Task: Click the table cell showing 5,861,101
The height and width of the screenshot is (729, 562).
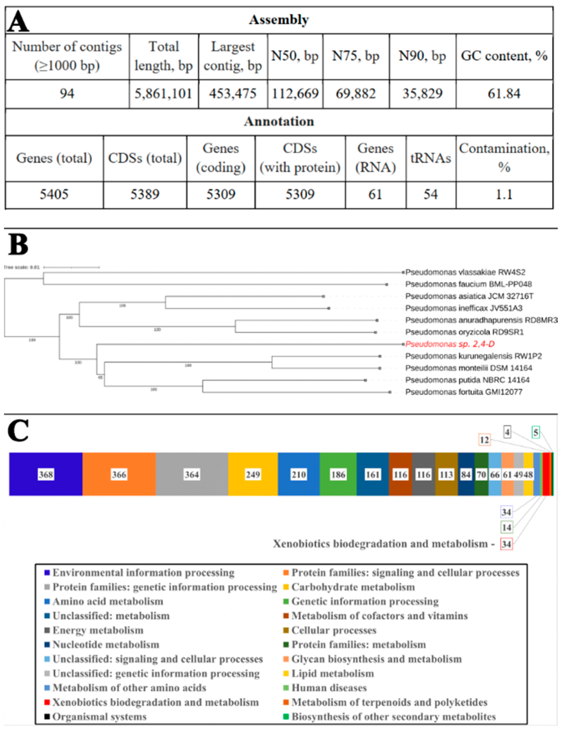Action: [x=163, y=94]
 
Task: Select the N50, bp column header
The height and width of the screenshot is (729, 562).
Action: [x=295, y=56]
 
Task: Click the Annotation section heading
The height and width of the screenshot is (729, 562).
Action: [x=279, y=122]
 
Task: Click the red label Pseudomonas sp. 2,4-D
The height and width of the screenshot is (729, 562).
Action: [x=449, y=344]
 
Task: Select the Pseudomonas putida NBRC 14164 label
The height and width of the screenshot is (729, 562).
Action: [x=467, y=380]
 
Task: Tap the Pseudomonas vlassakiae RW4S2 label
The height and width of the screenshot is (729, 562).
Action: [x=465, y=272]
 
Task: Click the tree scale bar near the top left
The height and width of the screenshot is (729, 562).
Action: [x=71, y=267]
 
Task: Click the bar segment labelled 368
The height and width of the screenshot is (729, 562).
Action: [x=46, y=474]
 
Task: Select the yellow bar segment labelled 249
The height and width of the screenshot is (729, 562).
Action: [x=253, y=474]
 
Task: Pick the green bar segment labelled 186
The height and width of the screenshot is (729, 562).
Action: [x=338, y=474]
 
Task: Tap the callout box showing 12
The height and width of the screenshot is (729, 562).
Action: [x=484, y=440]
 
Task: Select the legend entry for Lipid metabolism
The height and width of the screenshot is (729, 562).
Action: [x=332, y=674]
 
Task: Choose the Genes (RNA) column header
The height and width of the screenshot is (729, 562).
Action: [x=375, y=158]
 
